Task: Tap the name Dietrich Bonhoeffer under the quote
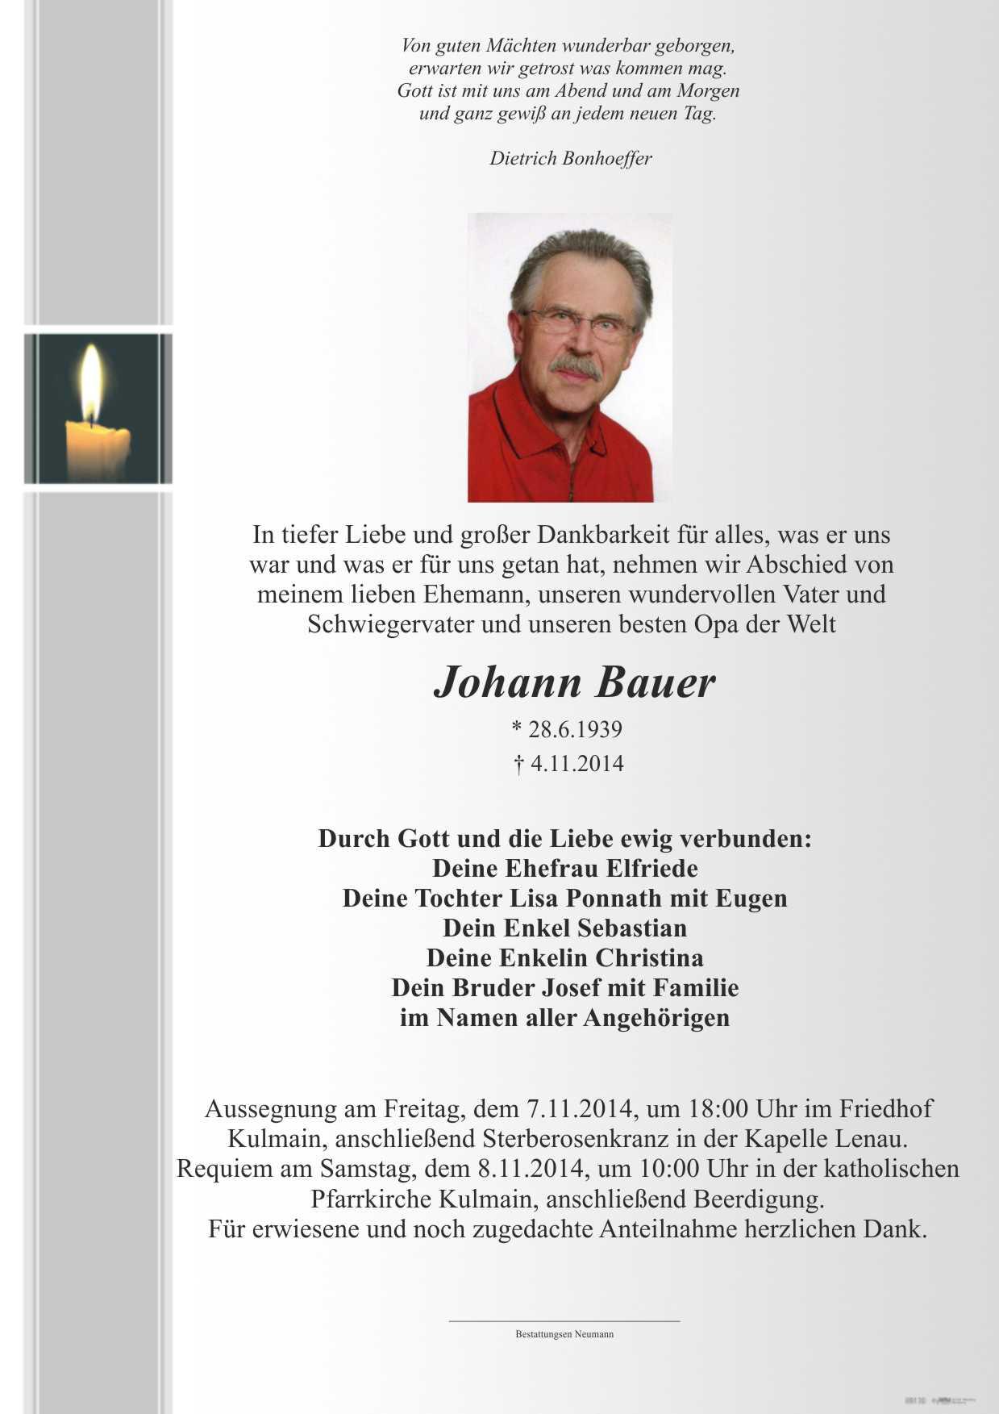pos(570,158)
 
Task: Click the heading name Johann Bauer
pos(574,682)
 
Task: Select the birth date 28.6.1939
pos(575,729)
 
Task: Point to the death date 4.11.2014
pos(577,763)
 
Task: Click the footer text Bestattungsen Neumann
pos(564,1334)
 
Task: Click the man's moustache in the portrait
pos(574,367)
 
